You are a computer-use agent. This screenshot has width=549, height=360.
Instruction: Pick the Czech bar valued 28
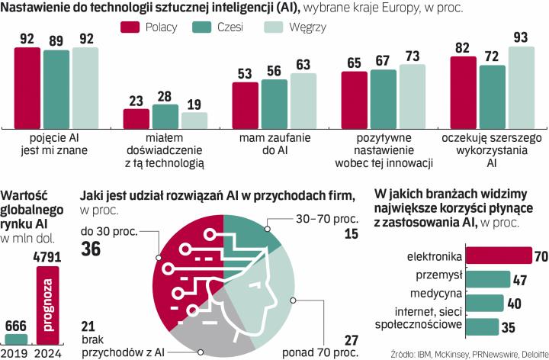click(x=165, y=116)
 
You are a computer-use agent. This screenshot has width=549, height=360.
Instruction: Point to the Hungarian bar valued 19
click(x=194, y=120)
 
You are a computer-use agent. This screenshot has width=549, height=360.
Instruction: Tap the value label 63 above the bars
click(x=303, y=65)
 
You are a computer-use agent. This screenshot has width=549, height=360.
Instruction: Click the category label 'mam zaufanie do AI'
click(x=274, y=144)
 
